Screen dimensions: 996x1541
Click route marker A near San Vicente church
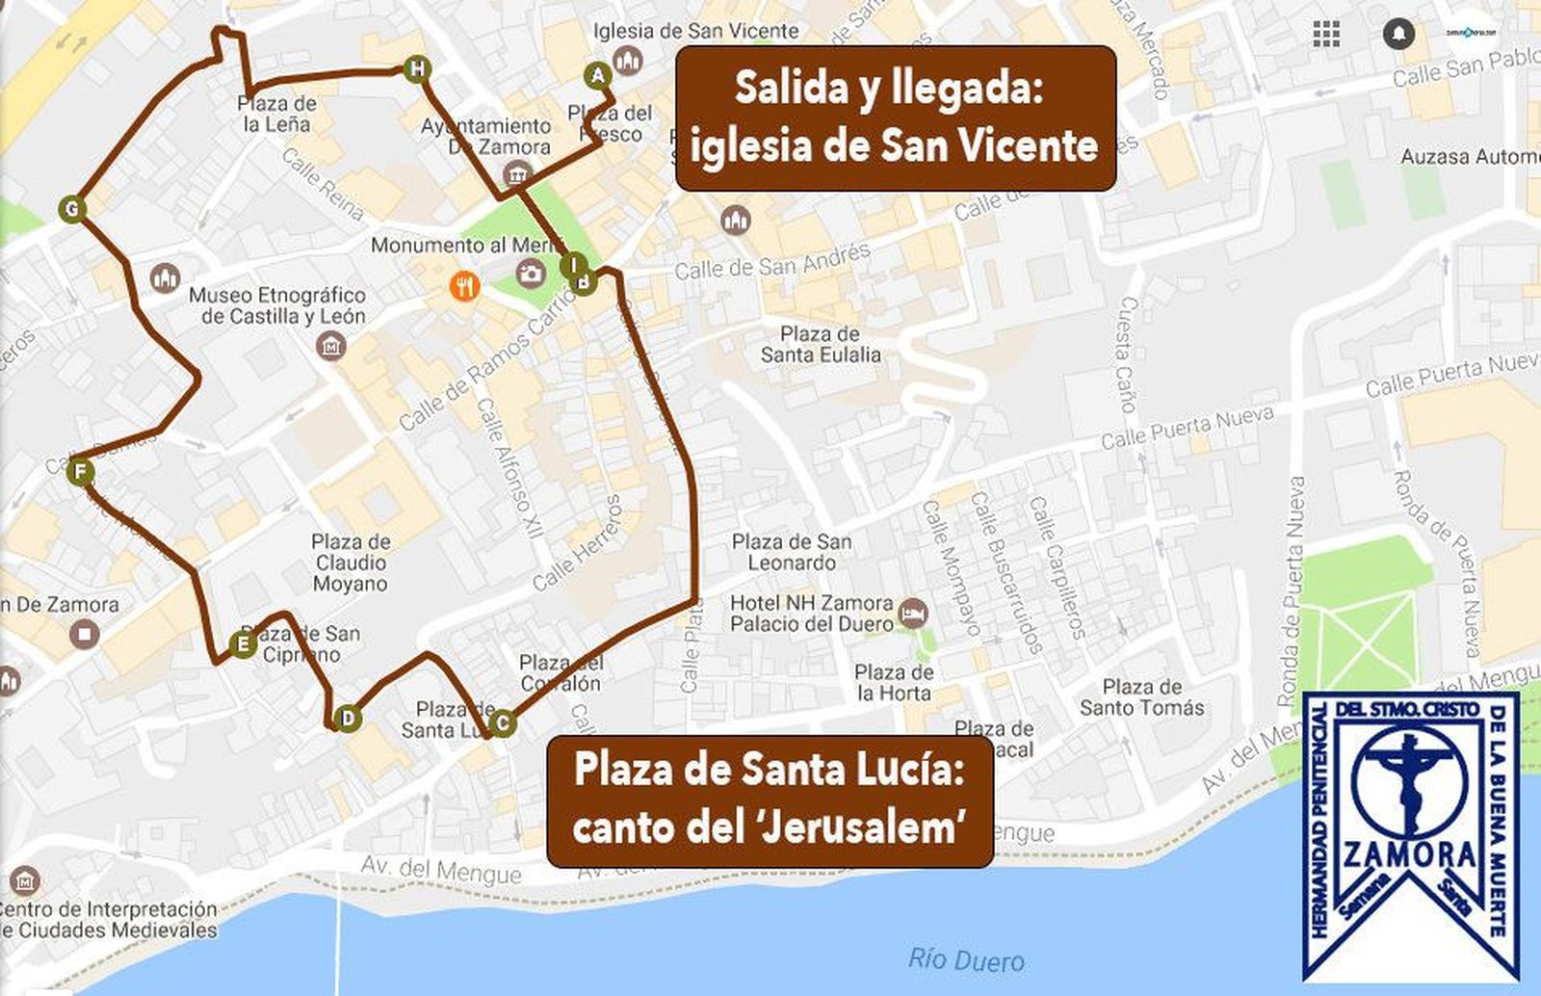pyautogui.click(x=597, y=75)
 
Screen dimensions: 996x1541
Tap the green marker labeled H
pyautogui.click(x=416, y=69)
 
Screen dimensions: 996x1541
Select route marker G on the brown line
pyautogui.click(x=71, y=209)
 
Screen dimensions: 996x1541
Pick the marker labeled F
pyautogui.click(x=81, y=472)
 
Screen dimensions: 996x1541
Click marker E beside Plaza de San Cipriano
pyautogui.click(x=243, y=643)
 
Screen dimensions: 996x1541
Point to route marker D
pyautogui.click(x=348, y=718)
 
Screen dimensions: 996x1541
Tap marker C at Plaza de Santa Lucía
pyautogui.click(x=501, y=722)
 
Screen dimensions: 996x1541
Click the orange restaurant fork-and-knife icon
pyautogui.click(x=464, y=286)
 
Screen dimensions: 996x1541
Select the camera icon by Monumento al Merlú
pyautogui.click(x=530, y=274)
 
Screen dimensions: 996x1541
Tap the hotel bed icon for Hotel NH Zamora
pyautogui.click(x=912, y=612)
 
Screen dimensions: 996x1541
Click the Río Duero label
pyautogui.click(x=966, y=959)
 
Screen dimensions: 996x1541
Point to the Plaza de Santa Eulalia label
pyautogui.click(x=820, y=344)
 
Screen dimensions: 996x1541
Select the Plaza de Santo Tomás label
pyautogui.click(x=1141, y=697)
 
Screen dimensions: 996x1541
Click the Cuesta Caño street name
pyautogui.click(x=1126, y=354)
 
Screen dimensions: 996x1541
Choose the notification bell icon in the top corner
pyautogui.click(x=1398, y=34)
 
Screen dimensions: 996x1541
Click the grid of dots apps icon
pyautogui.click(x=1326, y=34)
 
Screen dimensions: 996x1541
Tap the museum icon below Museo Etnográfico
pyautogui.click(x=331, y=345)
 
